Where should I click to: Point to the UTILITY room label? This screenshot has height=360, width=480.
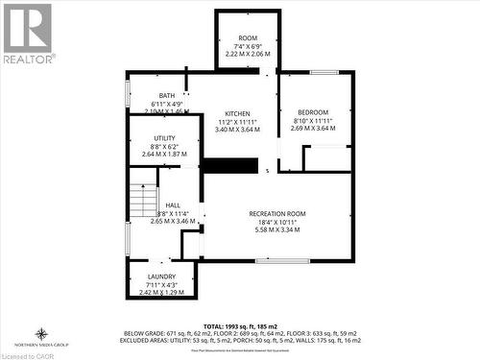[164, 138]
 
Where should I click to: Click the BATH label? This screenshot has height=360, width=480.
[167, 95]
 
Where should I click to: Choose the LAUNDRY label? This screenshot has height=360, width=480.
[161, 276]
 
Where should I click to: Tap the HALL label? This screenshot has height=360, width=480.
[173, 205]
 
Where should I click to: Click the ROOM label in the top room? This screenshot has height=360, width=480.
[248, 37]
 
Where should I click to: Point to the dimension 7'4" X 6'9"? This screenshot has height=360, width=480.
[248, 46]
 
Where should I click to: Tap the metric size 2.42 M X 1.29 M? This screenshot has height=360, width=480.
[161, 292]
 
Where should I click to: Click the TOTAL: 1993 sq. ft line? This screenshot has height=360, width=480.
[240, 325]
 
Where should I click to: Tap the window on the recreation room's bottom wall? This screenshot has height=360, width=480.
[282, 261]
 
